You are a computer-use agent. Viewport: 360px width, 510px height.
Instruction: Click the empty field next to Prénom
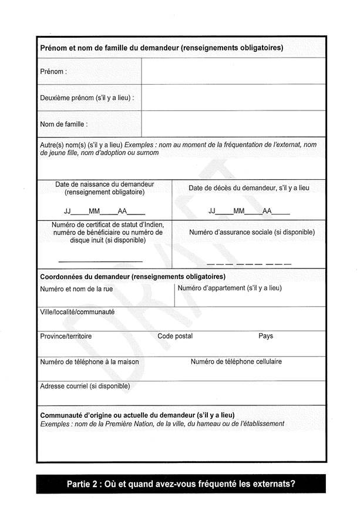click(x=233, y=71)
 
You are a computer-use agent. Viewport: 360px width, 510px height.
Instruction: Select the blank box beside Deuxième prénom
click(x=233, y=98)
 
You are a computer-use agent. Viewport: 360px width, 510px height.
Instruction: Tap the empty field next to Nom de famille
click(x=233, y=124)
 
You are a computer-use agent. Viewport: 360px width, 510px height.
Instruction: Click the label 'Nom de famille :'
click(x=63, y=125)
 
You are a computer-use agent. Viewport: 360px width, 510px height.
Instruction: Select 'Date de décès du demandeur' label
click(x=248, y=188)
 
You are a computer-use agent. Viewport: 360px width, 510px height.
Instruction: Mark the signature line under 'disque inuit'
click(x=100, y=261)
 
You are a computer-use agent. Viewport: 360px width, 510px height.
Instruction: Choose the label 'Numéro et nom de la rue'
click(x=76, y=289)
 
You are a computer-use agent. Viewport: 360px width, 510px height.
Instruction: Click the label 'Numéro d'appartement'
click(x=230, y=288)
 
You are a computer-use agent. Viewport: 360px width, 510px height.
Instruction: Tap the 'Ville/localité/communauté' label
click(x=77, y=312)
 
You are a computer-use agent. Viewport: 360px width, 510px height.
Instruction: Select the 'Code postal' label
click(x=175, y=336)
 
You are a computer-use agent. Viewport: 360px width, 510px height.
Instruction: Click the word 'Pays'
click(x=265, y=336)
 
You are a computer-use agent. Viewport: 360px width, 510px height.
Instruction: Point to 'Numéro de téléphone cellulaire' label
click(x=236, y=361)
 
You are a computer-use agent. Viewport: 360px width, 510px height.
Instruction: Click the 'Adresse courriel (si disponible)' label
click(x=85, y=386)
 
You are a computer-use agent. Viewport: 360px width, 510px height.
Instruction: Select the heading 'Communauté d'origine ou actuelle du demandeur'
click(x=137, y=415)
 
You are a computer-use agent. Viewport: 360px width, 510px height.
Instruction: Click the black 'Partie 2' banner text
click(x=181, y=485)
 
